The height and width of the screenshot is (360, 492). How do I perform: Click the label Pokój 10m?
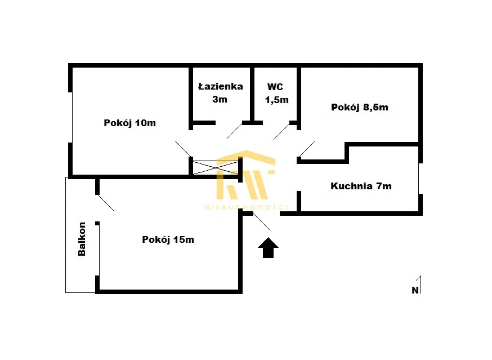click(129, 123)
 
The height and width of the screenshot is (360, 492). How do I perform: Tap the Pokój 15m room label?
click(168, 239)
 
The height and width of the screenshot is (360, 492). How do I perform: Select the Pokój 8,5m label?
click(360, 108)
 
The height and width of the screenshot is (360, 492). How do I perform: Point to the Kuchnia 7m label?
click(361, 186)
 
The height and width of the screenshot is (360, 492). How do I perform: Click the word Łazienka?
click(221, 86)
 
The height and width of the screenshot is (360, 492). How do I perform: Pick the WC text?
click(275, 87)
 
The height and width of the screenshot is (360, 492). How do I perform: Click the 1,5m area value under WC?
click(277, 100)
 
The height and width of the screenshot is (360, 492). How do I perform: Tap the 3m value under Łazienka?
click(220, 99)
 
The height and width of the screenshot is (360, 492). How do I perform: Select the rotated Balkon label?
click(82, 239)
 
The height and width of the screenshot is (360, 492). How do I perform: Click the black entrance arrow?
click(268, 247)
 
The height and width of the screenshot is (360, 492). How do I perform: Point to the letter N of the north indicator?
click(415, 291)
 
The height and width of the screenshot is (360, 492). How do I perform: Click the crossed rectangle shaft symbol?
click(216, 168)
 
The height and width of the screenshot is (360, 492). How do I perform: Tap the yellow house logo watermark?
click(246, 175)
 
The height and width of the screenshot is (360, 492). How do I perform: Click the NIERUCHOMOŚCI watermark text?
click(246, 207)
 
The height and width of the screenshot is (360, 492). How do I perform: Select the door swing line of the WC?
click(281, 132)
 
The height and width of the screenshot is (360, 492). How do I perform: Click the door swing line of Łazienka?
click(234, 131)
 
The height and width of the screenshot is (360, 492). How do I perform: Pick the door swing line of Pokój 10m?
click(184, 149)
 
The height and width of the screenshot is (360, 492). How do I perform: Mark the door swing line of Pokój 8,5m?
click(307, 149)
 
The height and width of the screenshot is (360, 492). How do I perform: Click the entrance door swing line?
click(262, 222)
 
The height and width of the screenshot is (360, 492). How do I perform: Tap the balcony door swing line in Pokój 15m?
click(106, 203)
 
